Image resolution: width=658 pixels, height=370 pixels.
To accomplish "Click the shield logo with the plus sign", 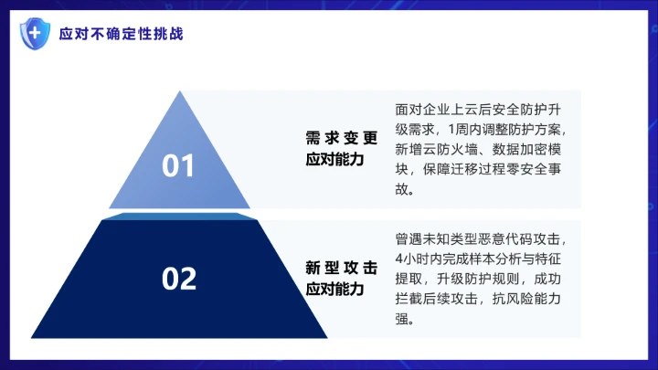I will [34, 34].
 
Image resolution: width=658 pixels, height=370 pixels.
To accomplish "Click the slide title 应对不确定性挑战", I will [121, 35].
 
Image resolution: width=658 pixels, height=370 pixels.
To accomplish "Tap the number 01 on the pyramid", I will [179, 166].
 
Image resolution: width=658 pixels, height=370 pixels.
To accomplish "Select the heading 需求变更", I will [341, 138].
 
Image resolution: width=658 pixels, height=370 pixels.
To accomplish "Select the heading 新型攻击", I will [341, 269].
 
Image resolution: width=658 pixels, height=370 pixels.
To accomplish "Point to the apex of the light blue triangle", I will [179, 91].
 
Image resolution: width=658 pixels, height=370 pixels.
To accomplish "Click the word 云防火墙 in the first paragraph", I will [455, 149].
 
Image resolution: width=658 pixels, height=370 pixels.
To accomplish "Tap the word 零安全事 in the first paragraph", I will [545, 170].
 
